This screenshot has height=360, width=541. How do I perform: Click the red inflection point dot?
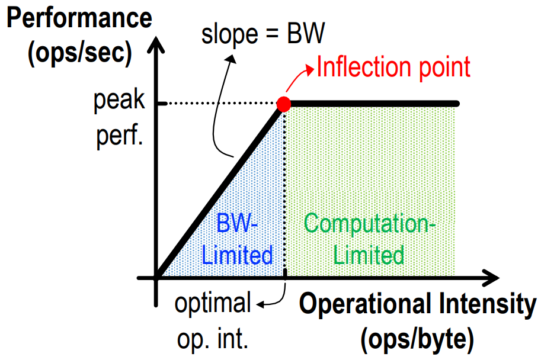tap(284, 104)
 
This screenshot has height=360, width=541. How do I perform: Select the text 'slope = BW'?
tap(263, 35)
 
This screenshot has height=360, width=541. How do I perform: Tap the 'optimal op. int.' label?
tap(213, 322)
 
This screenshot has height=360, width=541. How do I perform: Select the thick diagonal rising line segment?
tap(219, 191)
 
